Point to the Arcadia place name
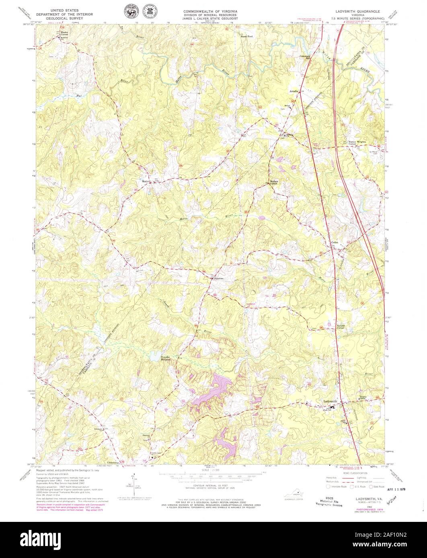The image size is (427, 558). click(x=294, y=92)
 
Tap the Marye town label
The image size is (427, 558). click(x=146, y=181)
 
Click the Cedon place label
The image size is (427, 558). click(x=335, y=243)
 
